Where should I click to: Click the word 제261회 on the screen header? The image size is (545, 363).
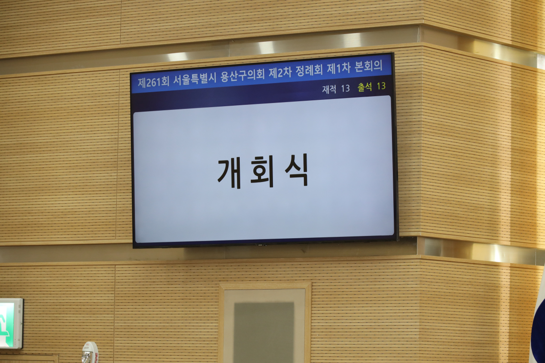pos(154,83)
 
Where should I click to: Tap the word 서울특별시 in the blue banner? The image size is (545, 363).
pos(195,79)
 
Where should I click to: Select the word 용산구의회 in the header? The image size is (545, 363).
pos(243,75)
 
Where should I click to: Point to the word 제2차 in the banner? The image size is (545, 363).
pos(280,72)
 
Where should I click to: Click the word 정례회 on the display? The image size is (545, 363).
pos(309,70)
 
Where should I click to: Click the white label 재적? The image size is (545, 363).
pos(329,89)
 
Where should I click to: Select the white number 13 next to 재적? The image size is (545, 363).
pos(345,88)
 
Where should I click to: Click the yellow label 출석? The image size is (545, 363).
pos(364,87)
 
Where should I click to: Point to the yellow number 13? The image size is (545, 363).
pos(381,86)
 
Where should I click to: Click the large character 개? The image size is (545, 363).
pos(229,173)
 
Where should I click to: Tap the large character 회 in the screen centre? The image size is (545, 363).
pos(263,171)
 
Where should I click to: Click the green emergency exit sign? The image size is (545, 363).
pos(11,324)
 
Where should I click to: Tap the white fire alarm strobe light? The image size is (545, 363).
pos(89,353)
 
